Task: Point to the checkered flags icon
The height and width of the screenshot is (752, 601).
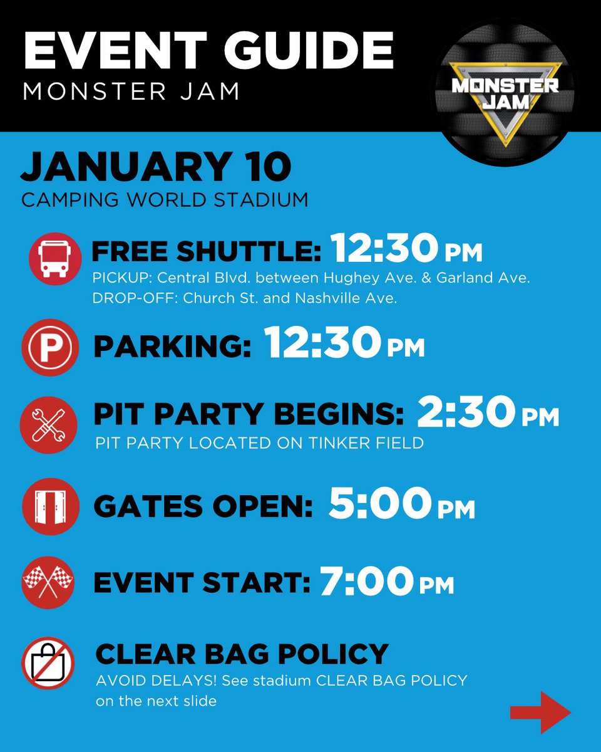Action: click(x=49, y=582)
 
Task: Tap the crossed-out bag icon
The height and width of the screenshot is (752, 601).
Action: click(x=49, y=664)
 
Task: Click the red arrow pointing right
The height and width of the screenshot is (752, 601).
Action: click(x=540, y=713)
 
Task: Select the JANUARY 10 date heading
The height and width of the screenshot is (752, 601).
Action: click(x=157, y=169)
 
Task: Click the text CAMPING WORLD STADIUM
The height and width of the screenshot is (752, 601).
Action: click(x=165, y=200)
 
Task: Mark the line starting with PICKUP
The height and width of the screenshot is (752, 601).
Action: click(x=311, y=278)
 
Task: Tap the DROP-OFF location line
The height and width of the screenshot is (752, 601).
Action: click(x=244, y=299)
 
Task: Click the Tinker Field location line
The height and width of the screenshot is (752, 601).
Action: click(x=260, y=443)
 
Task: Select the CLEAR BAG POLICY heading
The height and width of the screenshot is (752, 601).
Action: click(x=242, y=654)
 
